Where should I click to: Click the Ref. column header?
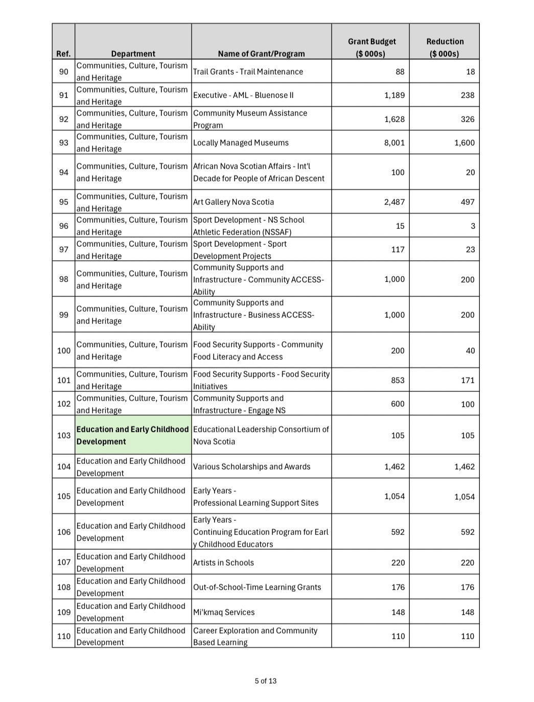click(63, 54)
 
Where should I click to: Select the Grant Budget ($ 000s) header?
click(372, 48)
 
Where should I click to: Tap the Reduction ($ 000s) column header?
click(445, 48)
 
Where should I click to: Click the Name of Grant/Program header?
click(261, 54)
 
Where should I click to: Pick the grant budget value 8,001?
click(394, 143)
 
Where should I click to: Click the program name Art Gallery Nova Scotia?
click(234, 202)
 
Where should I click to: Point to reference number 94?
click(63, 172)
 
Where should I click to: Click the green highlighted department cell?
click(133, 435)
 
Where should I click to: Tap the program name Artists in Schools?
click(223, 563)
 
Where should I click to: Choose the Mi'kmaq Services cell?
click(224, 612)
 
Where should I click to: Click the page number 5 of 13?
click(266, 681)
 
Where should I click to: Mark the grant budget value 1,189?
click(394, 95)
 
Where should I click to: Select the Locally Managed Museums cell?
click(241, 143)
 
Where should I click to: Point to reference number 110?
click(63, 636)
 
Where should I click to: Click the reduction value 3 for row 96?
click(473, 226)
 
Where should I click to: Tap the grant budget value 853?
click(397, 380)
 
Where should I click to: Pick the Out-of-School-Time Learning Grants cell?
click(257, 587)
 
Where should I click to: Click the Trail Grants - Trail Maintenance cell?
click(248, 72)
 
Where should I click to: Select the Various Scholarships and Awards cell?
click(251, 466)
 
